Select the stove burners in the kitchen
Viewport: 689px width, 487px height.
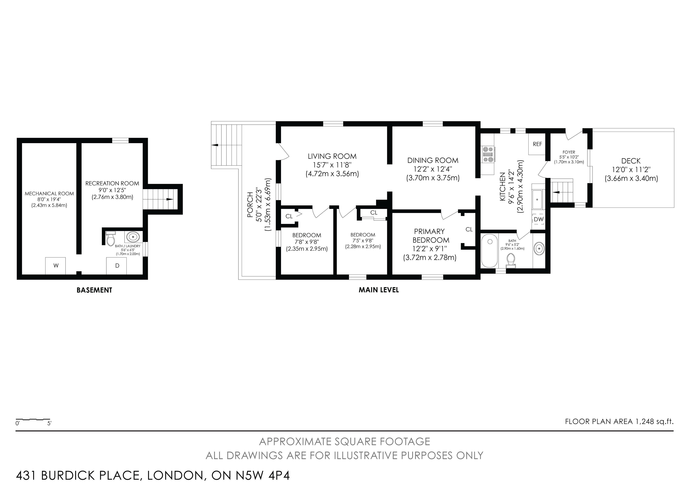coord(488,154)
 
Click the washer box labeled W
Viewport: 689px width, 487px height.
coord(55,265)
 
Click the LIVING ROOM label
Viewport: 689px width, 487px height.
coord(332,156)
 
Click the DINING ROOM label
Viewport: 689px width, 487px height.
coord(433,161)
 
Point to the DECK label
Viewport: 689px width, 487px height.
coord(631,161)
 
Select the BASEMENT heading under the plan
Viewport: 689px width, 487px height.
coord(94,290)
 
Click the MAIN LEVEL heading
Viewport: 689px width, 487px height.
coord(379,290)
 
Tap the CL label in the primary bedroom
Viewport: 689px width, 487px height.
coord(469,230)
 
